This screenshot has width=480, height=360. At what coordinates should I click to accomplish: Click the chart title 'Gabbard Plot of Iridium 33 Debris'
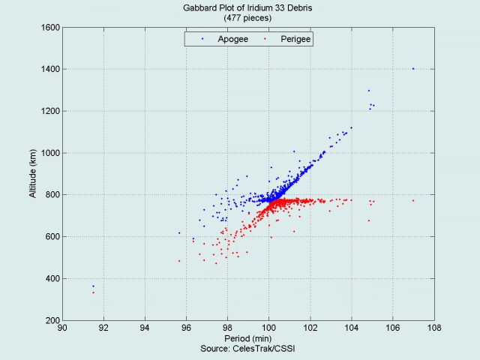[247, 7]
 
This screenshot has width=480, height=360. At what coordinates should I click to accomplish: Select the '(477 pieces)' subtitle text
[247, 18]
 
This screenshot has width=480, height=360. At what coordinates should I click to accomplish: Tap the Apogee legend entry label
[232, 39]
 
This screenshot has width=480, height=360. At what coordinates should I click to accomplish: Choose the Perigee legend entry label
[295, 39]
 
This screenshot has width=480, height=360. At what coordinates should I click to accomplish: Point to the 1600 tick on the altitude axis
[50, 28]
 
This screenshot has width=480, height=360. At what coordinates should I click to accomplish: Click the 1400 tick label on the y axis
[50, 69]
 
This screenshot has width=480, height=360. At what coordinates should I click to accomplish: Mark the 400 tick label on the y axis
[53, 278]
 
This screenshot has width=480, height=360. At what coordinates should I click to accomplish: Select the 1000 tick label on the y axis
[50, 153]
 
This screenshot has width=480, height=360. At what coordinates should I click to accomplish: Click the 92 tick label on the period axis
[103, 328]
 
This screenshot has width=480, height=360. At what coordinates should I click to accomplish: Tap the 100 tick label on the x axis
[268, 328]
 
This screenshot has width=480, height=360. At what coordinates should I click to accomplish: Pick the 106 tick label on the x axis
[393, 328]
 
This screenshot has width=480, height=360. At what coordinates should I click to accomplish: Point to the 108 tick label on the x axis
[434, 328]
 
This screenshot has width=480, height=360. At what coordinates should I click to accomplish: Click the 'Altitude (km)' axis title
[32, 173]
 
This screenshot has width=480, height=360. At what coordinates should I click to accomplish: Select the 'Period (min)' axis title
[248, 338]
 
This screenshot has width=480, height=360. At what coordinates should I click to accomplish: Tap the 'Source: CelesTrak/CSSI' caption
[247, 348]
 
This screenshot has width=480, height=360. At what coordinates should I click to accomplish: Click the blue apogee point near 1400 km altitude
[413, 69]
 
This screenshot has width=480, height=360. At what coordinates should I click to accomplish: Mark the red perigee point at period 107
[413, 201]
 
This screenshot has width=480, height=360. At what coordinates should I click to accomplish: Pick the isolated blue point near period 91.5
[93, 286]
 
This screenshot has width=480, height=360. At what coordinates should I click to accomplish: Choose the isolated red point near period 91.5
[93, 292]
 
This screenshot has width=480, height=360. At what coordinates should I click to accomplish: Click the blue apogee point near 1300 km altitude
[369, 91]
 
